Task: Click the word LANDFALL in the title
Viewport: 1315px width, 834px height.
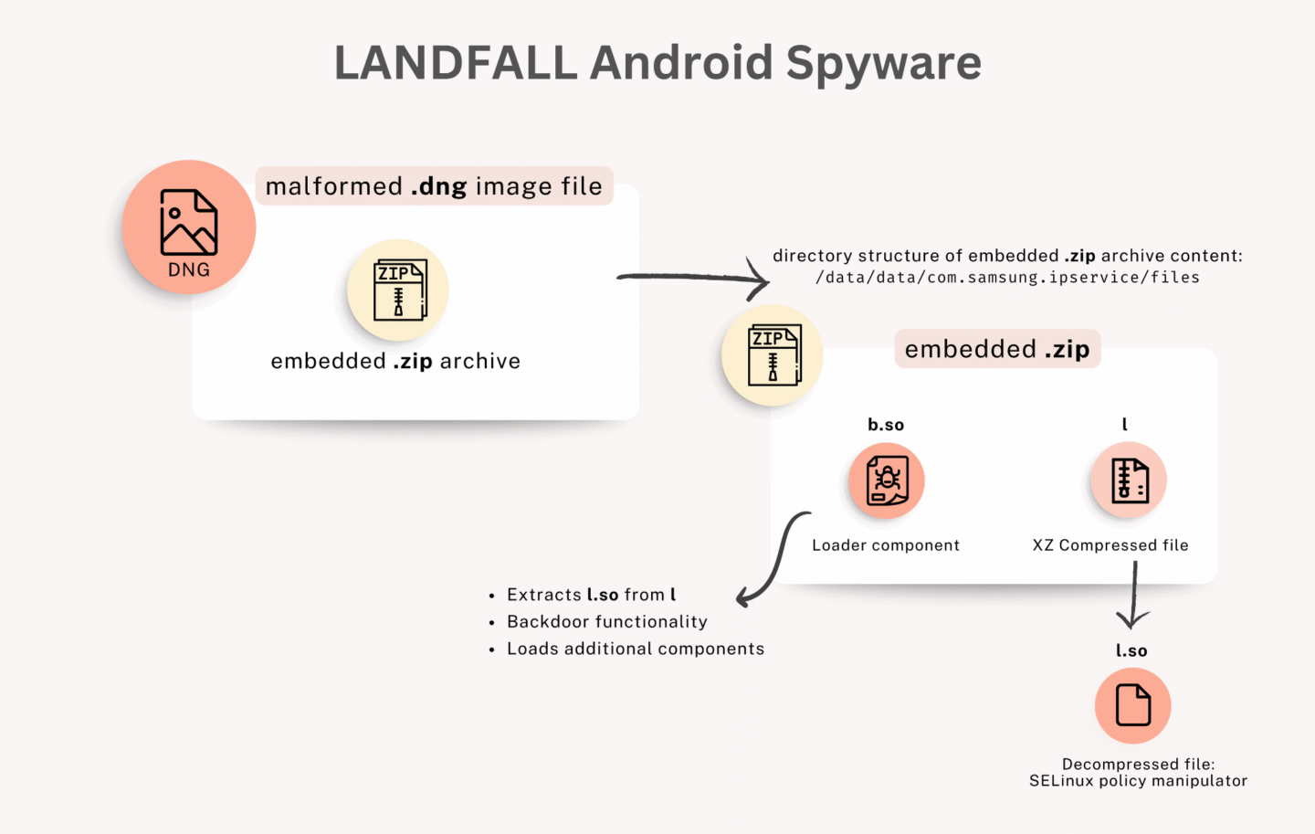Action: tap(455, 63)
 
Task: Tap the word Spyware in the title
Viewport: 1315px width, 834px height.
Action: tap(883, 64)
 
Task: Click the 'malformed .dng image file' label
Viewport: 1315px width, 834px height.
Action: tap(434, 186)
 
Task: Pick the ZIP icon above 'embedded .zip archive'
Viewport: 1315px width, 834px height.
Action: tap(398, 290)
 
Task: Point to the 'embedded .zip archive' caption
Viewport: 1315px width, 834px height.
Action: tap(395, 361)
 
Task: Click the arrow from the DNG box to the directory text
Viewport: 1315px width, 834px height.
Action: tap(694, 278)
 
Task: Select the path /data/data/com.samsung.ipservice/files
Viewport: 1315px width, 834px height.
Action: tap(1007, 278)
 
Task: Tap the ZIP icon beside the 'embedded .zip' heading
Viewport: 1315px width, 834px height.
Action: tap(773, 354)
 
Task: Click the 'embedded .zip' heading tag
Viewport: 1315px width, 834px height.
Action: tap(997, 349)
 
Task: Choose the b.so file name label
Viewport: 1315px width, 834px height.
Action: tap(886, 425)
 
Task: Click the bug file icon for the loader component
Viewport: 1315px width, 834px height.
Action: tap(887, 480)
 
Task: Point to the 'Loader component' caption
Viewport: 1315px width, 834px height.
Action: tap(886, 545)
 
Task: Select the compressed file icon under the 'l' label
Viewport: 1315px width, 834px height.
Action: tap(1129, 480)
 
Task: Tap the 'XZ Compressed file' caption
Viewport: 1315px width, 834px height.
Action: tap(1110, 545)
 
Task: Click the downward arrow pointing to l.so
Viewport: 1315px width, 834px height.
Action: tap(1133, 594)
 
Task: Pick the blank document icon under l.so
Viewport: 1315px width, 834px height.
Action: tap(1132, 705)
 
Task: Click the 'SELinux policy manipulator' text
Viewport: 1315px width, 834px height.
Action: tap(1138, 781)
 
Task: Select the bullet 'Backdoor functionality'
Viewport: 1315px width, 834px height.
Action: tap(607, 622)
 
